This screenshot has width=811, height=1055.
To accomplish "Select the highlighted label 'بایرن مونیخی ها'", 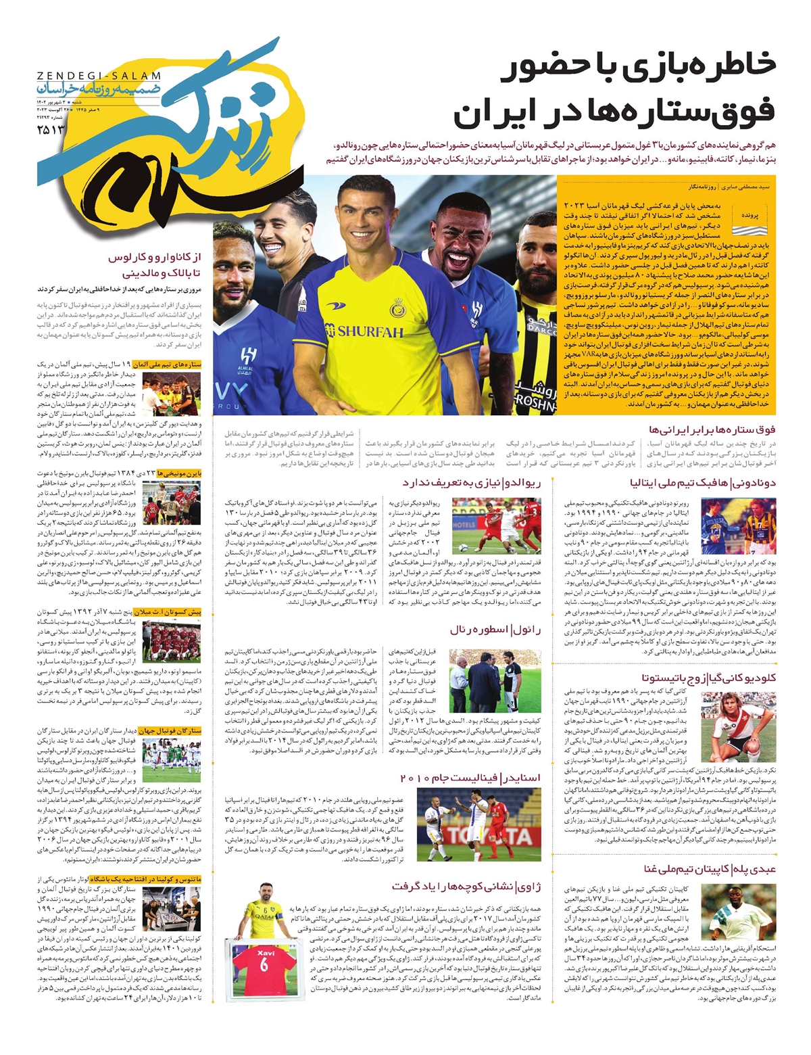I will pos(179,474).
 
